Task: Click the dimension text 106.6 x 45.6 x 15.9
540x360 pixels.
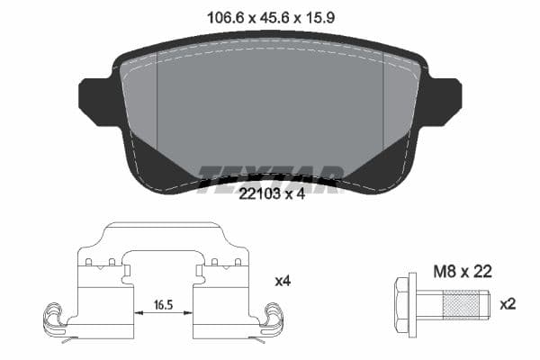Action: point(269,15)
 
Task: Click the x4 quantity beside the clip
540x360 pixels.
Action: point(283,280)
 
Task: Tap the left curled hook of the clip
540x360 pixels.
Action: point(56,317)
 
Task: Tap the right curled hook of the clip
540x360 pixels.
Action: point(271,317)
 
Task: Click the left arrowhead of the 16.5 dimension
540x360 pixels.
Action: point(138,311)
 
